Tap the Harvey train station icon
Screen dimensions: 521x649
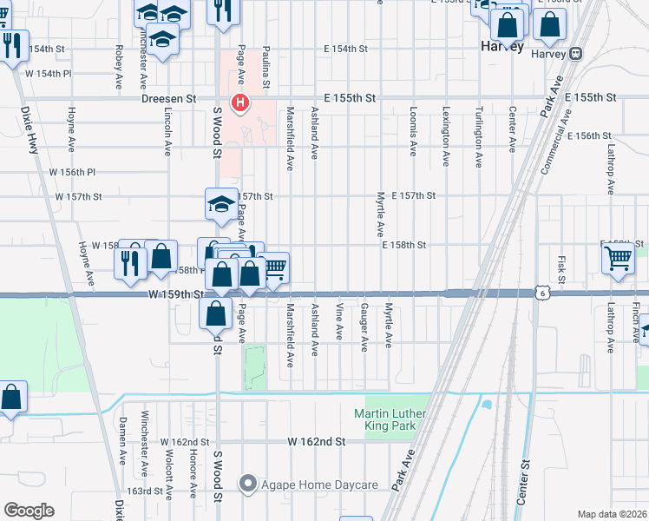[x=576, y=54]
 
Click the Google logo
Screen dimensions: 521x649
[x=28, y=510]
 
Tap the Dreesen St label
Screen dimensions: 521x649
[x=169, y=100]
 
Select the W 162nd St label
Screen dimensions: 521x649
[x=317, y=442]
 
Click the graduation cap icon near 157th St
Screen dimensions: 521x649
[x=220, y=205]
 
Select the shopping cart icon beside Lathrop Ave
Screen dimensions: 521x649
[x=618, y=257]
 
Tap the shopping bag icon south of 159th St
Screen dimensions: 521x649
[x=215, y=313]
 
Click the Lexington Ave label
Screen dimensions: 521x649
[x=446, y=136]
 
